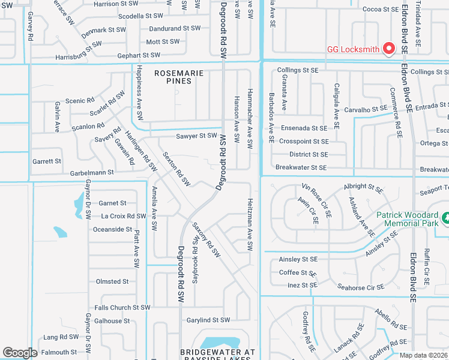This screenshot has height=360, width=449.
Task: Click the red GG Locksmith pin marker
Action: tap(389, 48)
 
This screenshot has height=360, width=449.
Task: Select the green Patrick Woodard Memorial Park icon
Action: tap(445, 218)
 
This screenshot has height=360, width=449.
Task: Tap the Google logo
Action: tap(20, 353)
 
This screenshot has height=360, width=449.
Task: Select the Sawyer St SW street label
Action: tap(196, 136)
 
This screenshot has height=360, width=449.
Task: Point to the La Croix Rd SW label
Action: tap(124, 216)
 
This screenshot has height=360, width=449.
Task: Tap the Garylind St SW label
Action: tap(208, 320)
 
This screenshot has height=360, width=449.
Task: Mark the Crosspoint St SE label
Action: tap(304, 142)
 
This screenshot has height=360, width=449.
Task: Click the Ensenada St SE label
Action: tap(304, 128)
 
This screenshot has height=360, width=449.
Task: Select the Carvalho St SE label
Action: tap(366, 109)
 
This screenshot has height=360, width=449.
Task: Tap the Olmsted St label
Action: tap(112, 281)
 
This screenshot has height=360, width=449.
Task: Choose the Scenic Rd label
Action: tap(80, 101)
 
